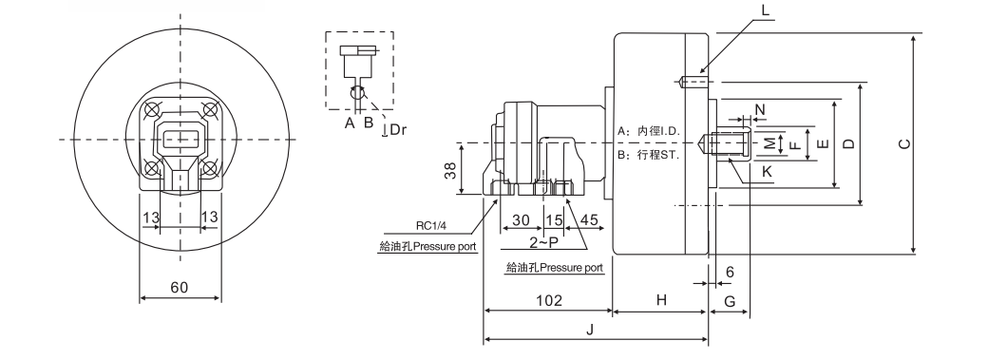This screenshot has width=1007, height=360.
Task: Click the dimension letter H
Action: [x=661, y=300]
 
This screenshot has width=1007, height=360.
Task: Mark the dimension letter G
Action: [x=730, y=300]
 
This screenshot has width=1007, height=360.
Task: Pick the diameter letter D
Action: [x=849, y=143]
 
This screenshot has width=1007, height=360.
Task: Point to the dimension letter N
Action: [x=760, y=109]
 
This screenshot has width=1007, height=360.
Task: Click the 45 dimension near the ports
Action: [x=589, y=219]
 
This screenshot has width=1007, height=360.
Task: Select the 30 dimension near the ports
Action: [x=520, y=219]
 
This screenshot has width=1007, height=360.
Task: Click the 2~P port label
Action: [x=543, y=242]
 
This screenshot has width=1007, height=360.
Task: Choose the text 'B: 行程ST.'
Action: [x=647, y=153]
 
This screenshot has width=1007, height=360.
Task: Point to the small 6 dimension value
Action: [x=730, y=271]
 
